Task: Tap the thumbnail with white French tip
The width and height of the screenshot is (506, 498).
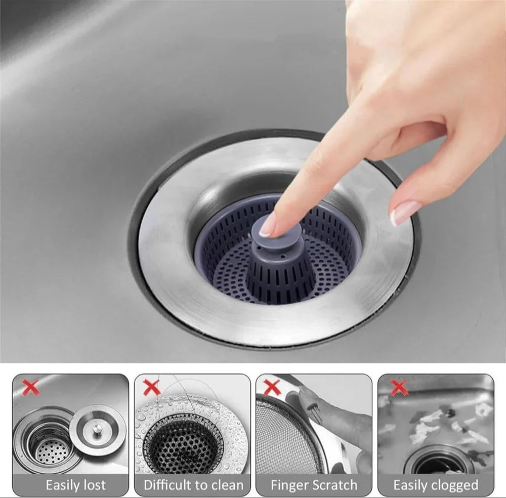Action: pyautogui.click(x=405, y=213)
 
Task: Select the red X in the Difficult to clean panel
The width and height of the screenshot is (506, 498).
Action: pyautogui.click(x=151, y=388)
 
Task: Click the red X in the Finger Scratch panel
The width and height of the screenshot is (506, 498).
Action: pyautogui.click(x=272, y=388)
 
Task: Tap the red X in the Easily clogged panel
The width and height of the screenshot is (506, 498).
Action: pyautogui.click(x=399, y=388)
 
